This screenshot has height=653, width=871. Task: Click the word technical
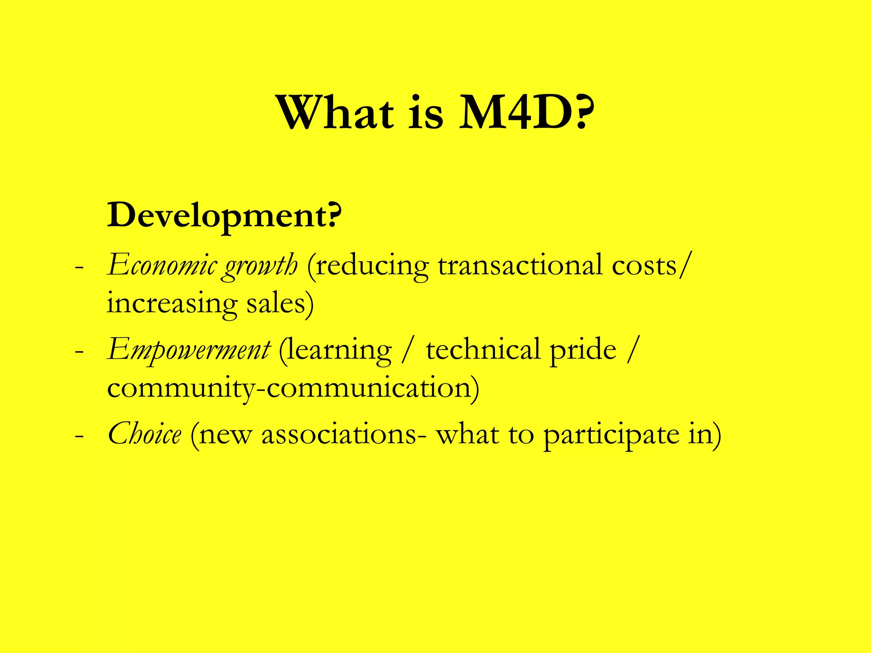point(483,349)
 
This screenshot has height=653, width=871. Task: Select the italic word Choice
point(145,434)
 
